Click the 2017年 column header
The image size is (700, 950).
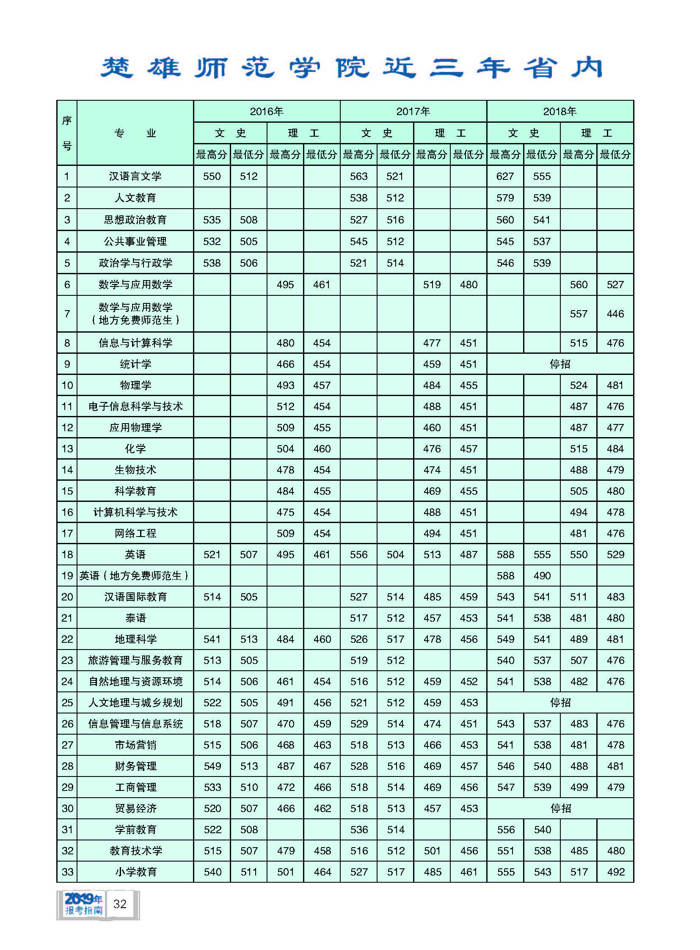point(413,111)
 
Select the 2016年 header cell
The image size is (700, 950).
point(267,111)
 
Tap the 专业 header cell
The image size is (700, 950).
point(135,133)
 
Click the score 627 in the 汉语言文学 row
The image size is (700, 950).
point(505,176)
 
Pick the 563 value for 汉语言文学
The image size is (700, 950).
point(358,176)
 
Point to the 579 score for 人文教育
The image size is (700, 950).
point(505,198)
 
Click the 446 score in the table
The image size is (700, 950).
point(615,314)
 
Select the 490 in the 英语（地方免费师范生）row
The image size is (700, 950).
point(542,576)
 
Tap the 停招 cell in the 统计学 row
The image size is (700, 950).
point(560,364)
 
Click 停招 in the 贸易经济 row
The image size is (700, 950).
point(560,809)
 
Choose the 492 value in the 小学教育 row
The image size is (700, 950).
point(616,872)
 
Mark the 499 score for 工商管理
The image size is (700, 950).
point(579,787)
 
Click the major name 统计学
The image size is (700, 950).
point(135,364)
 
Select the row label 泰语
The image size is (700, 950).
point(135,618)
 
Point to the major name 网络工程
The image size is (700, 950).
point(135,533)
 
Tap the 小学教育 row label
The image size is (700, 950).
point(135,872)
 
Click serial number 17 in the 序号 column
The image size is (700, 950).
point(67,533)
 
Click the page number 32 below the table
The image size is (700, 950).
point(120,904)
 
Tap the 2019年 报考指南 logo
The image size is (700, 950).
point(83,904)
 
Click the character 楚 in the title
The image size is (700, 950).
point(116,68)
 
